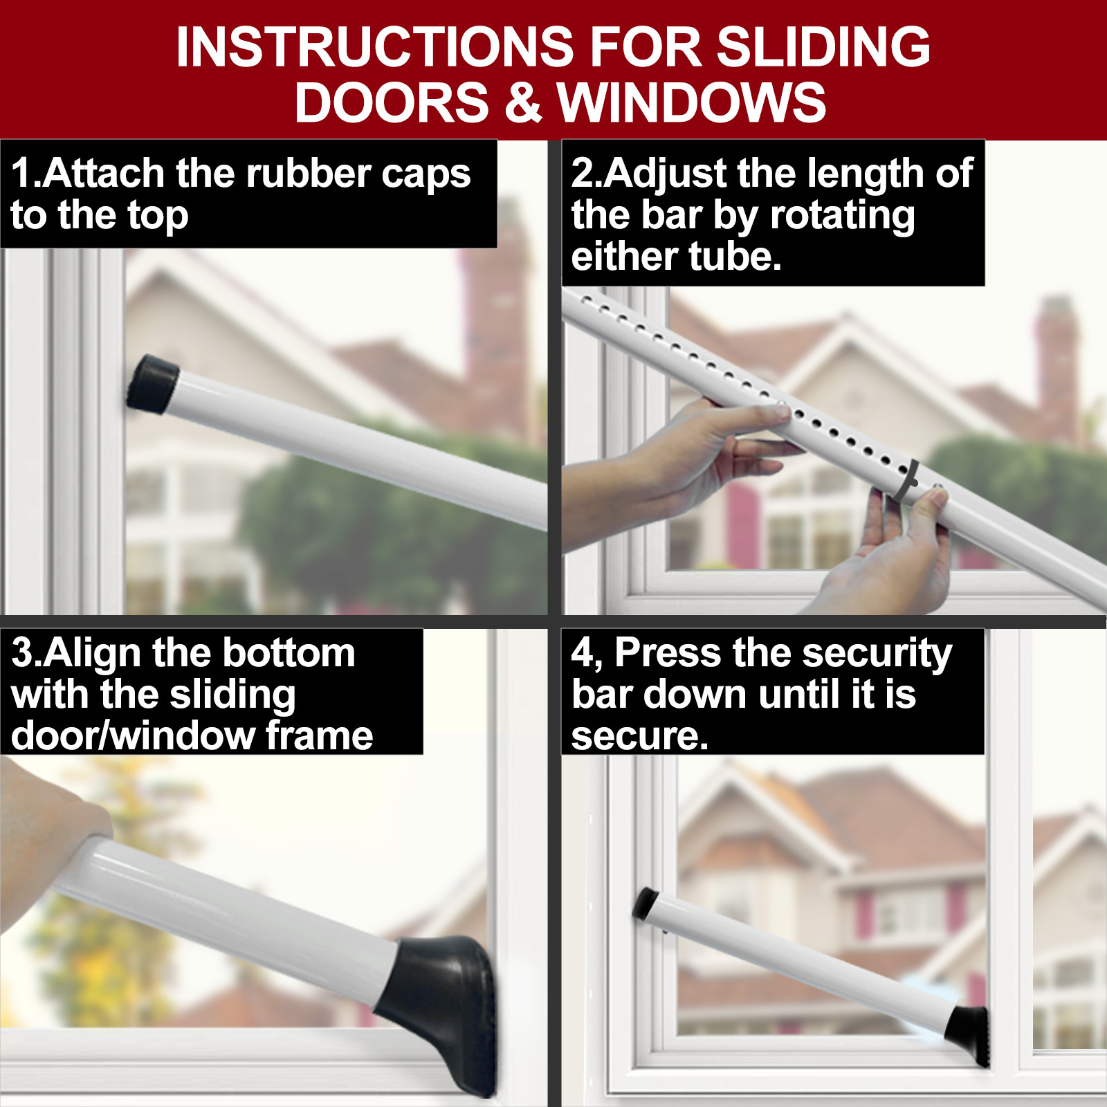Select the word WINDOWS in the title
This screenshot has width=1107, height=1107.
(x=692, y=102)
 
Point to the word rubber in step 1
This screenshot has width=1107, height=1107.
(x=310, y=173)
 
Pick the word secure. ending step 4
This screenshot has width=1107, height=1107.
(x=639, y=736)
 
